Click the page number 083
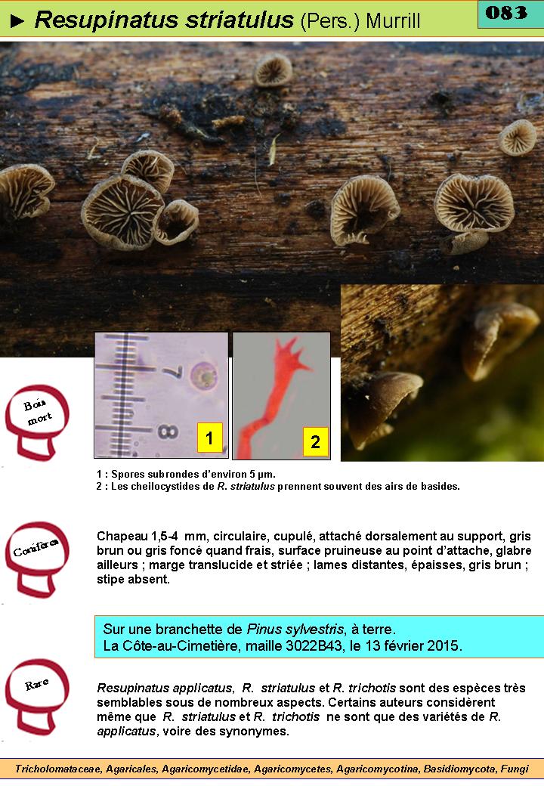[506, 13]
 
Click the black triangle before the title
[17, 20]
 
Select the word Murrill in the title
[393, 21]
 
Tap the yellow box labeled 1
[209, 438]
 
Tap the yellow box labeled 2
[316, 441]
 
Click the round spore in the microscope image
[204, 376]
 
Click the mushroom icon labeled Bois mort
[37, 422]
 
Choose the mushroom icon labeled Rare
[37, 696]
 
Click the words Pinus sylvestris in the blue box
[295, 629]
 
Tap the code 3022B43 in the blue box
[315, 645]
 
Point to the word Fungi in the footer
[515, 769]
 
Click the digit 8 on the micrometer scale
[167, 432]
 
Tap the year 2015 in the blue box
[443, 645]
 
